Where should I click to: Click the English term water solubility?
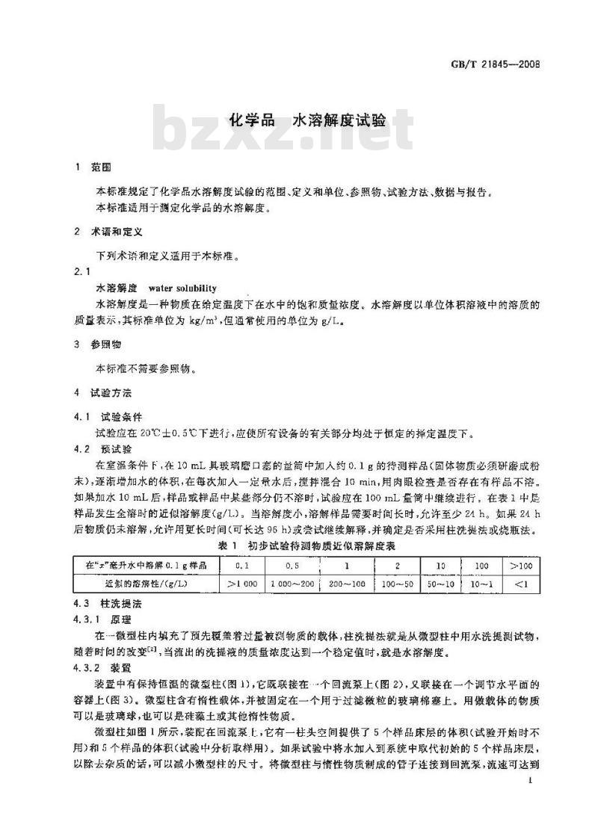[182, 288]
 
